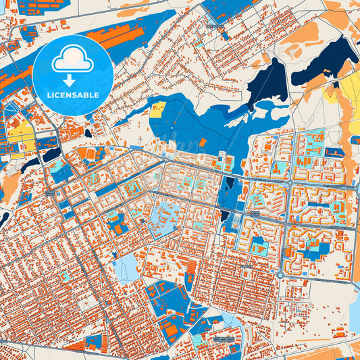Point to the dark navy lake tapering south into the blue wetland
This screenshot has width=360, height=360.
(265, 84)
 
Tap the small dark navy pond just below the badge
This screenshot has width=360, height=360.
(88, 133)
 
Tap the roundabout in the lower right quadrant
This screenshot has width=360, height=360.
(280, 275)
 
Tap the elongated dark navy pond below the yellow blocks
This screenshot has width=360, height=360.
(32, 162)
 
